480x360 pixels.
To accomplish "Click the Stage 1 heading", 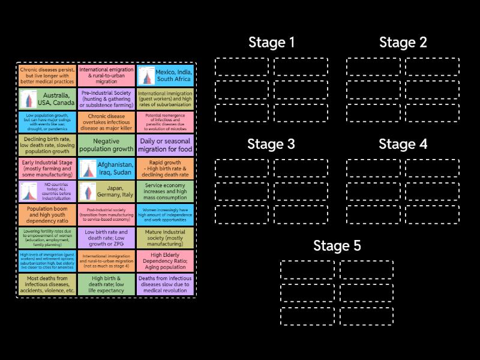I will point(271,43).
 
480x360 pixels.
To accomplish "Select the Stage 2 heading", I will point(403,43).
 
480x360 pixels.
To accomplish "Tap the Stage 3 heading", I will point(271,144).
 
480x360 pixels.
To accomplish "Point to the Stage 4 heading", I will point(403,144).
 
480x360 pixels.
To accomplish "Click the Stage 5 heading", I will point(337,246).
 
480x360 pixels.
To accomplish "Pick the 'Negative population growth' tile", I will point(106,145).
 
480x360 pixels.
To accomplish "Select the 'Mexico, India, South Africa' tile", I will point(165,75).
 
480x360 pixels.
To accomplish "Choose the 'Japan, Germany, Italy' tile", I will point(106,191).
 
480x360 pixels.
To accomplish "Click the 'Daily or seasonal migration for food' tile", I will point(165,145).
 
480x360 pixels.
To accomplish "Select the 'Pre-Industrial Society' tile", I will point(106,98).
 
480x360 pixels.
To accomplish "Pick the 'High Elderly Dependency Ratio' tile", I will point(165,261).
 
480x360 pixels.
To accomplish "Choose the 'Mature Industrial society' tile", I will point(165,238).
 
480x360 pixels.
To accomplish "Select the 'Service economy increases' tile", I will point(165,191).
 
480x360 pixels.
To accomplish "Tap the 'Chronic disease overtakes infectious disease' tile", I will point(106,122).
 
